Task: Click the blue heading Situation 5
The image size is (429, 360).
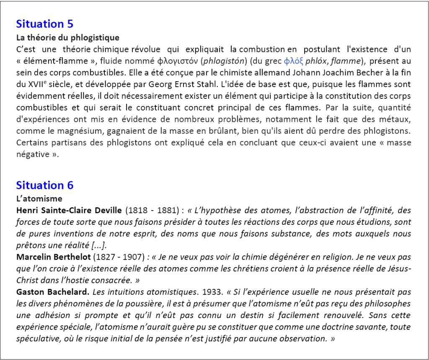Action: [x=44, y=24]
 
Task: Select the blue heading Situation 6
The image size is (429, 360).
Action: [x=44, y=185]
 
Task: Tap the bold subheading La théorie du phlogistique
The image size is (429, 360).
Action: [x=67, y=38]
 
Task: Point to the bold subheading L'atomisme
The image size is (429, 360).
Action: [x=39, y=198]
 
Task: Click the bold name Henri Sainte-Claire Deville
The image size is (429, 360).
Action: [x=69, y=210]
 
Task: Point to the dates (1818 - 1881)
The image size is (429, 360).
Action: [x=153, y=210]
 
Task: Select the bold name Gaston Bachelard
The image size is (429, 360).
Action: [x=52, y=292]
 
